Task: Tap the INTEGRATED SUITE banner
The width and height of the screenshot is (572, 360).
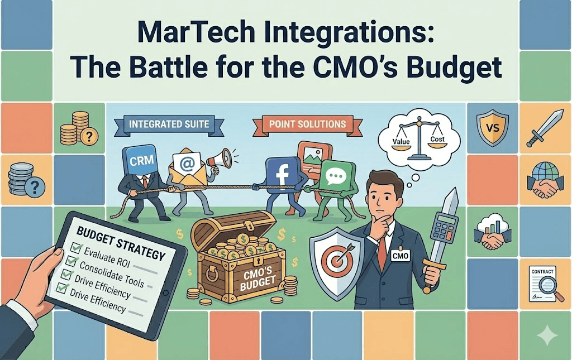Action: click(x=169, y=123)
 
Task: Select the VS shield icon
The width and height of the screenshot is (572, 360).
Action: click(x=492, y=128)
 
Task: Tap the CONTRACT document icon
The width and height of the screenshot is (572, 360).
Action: click(x=544, y=284)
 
